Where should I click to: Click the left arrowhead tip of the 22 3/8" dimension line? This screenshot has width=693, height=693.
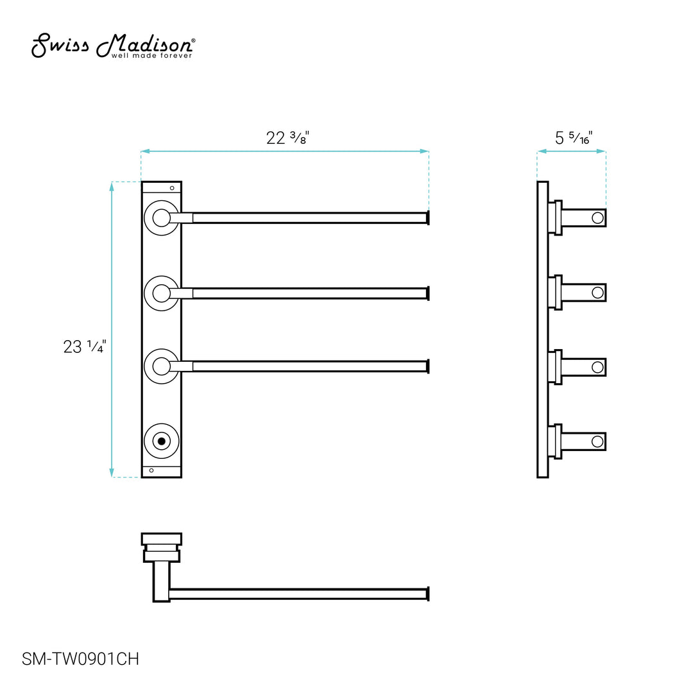coord(141,151)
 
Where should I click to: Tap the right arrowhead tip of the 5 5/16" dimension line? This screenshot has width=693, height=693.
coord(606,151)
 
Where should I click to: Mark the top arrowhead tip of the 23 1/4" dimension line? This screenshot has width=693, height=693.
coord(112,182)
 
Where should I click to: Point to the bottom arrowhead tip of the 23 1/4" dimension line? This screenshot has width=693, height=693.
coord(112,477)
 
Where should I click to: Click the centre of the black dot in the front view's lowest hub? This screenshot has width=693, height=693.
coord(161,441)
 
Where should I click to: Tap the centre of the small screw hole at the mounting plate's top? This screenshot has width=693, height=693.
coord(172,188)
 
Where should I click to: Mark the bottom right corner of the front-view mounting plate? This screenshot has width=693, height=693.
coord(182,477)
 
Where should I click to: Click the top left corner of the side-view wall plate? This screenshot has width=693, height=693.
coord(538,182)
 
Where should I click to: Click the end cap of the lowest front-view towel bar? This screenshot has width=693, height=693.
coord(427,366)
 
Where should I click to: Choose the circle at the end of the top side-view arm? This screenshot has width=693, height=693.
coord(597,218)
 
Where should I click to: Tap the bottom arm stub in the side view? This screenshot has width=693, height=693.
coord(583,441)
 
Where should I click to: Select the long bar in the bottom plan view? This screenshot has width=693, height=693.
coord(299,594)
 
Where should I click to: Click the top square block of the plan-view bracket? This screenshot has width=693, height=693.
coord(161,539)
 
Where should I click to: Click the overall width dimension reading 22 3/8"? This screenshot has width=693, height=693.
coord(287,137)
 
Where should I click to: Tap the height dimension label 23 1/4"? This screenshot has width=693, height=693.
coord(85,346)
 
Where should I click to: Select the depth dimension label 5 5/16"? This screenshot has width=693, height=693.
coord(574,138)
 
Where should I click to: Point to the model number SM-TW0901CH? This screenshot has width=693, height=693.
coord(80,659)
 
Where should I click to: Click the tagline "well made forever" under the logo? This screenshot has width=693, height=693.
coord(151,56)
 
